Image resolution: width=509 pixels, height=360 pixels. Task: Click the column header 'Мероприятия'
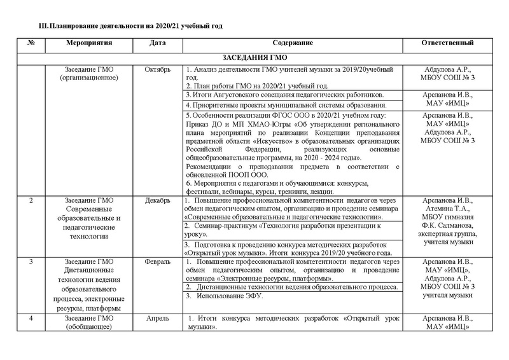(89, 43)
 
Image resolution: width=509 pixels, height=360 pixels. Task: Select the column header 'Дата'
(158, 43)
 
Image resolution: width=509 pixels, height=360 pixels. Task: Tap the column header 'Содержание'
(293, 43)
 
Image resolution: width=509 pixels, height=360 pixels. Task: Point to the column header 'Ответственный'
(447, 43)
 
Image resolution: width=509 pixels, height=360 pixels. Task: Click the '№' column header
(32, 43)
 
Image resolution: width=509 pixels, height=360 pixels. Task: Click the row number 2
(32, 201)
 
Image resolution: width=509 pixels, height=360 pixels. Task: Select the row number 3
(32, 261)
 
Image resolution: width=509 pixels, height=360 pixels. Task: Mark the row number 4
(32, 317)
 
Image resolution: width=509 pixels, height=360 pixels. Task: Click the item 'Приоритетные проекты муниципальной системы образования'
(285, 104)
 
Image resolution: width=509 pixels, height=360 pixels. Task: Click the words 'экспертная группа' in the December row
(447, 234)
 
